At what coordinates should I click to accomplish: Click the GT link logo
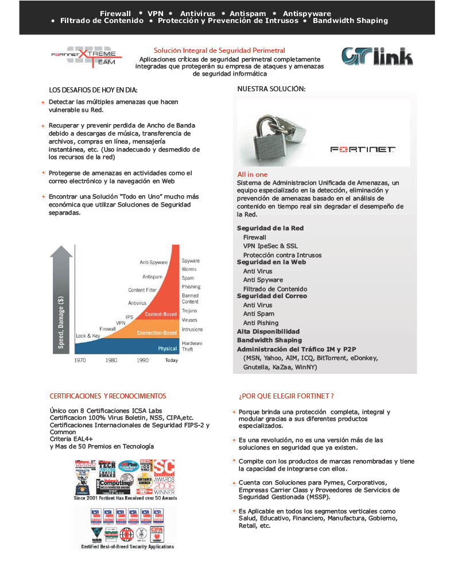377,56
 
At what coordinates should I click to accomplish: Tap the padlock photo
274,133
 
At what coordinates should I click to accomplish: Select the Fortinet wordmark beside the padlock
363,149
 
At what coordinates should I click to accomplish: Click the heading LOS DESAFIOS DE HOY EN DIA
94,90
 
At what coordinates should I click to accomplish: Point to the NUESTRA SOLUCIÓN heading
271,89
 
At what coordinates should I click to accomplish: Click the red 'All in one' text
253,175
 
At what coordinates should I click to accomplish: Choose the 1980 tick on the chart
111,360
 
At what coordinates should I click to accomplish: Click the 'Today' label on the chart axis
172,360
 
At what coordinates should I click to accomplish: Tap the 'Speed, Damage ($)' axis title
61,321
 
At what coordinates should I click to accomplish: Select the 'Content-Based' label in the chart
161,315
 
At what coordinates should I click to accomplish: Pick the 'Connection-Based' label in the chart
157,333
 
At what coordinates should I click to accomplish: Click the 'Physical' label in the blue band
168,349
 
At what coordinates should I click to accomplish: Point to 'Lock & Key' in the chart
88,335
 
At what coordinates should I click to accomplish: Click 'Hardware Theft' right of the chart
192,346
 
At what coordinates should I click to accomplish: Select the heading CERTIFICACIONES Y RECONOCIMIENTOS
108,396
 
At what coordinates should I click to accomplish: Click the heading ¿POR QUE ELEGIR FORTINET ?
286,396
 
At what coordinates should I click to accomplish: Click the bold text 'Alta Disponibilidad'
269,331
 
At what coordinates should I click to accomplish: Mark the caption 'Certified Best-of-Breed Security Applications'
128,547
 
